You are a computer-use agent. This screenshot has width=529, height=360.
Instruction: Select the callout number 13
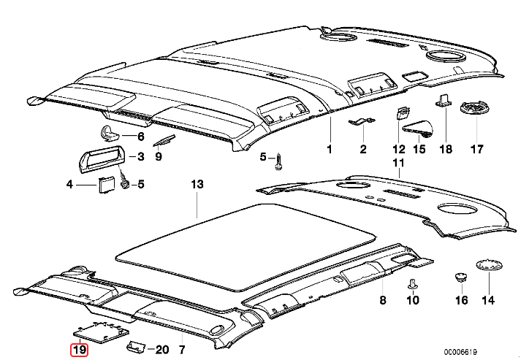196,184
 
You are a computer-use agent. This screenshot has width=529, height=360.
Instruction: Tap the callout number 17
477,150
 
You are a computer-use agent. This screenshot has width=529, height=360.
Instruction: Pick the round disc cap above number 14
487,266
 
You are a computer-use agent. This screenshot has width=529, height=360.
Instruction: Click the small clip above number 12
402,112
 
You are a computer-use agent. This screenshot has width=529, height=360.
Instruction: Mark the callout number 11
398,162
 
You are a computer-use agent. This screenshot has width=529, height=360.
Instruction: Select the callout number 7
182,350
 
